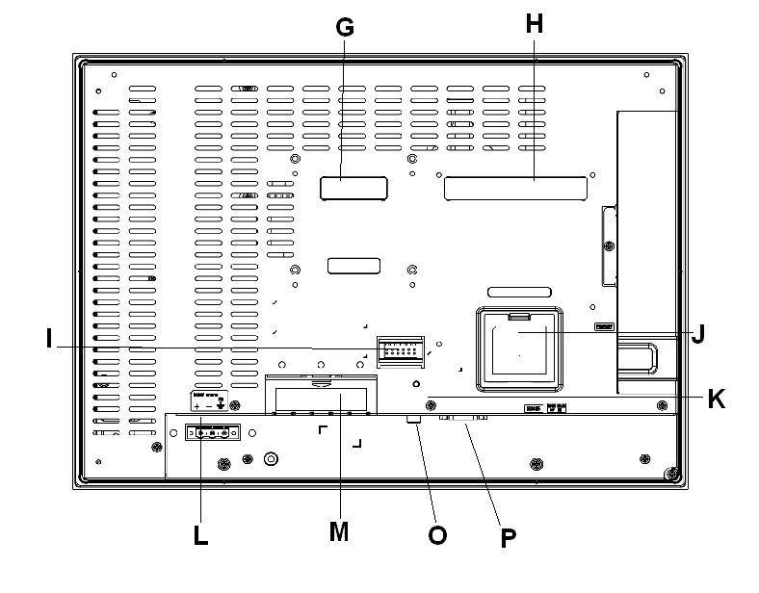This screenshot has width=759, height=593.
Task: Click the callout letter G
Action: (345, 27)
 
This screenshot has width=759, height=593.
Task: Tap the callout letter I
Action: (47, 340)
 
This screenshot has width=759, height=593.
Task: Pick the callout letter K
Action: (716, 399)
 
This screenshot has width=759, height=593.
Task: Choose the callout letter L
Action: (200, 535)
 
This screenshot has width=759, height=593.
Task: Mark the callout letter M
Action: (338, 530)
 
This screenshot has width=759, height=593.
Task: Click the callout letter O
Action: (437, 535)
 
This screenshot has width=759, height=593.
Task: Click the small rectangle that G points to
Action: (353, 188)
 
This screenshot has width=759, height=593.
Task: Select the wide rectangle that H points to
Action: (515, 189)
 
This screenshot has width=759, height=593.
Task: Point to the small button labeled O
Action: (415, 421)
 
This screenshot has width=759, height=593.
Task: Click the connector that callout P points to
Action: (463, 419)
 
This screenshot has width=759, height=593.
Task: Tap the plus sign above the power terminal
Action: (196, 407)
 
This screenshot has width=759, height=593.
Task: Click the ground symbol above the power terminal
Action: (222, 405)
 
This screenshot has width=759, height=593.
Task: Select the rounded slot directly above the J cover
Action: (518, 292)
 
